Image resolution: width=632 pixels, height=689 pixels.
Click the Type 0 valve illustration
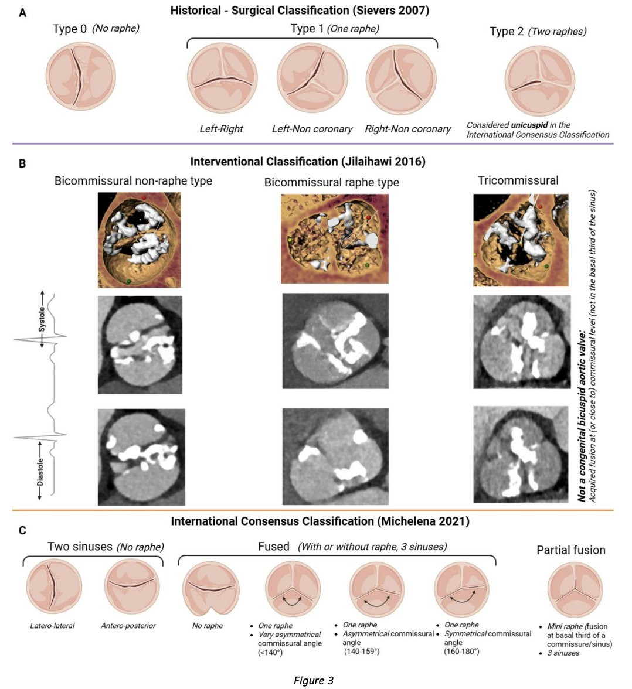(80, 76)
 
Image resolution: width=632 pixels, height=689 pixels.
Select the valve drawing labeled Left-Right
(222, 78)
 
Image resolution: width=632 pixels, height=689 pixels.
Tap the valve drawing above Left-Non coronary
(312, 78)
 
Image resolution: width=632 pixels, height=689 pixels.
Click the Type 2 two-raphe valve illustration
(539, 81)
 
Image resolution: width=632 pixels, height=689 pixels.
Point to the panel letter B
(22, 163)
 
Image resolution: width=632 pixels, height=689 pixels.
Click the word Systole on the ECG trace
(42, 319)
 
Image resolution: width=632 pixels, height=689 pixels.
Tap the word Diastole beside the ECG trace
(40, 472)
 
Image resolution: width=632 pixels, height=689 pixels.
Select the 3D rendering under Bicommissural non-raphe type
(139, 240)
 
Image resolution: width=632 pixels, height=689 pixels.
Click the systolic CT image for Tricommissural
(522, 342)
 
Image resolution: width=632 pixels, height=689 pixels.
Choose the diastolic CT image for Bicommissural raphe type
(335, 456)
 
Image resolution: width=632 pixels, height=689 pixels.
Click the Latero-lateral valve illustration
(54, 587)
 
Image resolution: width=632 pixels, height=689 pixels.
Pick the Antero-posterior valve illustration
(132, 586)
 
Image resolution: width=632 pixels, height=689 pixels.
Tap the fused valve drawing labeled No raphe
(211, 589)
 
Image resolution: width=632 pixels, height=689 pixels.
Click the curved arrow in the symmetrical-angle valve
(462, 598)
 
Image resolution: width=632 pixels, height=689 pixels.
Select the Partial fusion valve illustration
(575, 590)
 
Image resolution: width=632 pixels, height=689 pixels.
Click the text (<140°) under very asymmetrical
(270, 652)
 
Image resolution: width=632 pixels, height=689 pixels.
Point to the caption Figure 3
(314, 681)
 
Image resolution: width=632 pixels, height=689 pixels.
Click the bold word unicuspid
(529, 125)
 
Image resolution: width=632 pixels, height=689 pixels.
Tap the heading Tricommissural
(518, 180)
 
